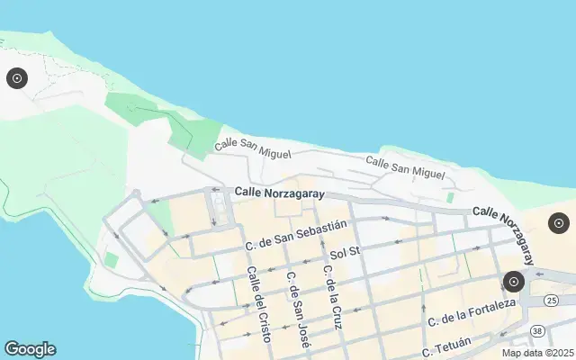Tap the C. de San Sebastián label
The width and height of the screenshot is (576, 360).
[296, 236]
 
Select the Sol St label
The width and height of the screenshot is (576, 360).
[345, 253]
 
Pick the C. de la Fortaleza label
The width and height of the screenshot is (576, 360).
[472, 312]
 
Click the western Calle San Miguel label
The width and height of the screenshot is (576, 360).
[253, 149]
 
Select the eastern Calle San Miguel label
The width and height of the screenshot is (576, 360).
[405, 166]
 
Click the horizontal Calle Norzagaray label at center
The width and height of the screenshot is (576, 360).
[278, 193]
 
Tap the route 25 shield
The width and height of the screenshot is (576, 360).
[552, 300]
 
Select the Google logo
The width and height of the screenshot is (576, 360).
[30, 349]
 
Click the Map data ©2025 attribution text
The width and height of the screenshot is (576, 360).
[538, 353]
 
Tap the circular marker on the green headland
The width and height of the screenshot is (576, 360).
[16, 79]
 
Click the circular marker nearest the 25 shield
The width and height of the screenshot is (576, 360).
[514, 282]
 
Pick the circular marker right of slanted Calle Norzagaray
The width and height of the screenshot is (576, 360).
[559, 223]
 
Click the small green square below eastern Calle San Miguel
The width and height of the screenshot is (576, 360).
[449, 197]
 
